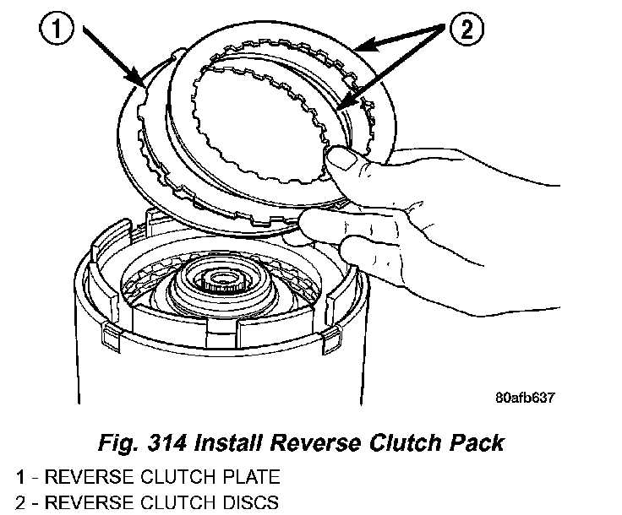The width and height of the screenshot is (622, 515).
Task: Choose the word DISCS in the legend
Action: pos(240,503)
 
